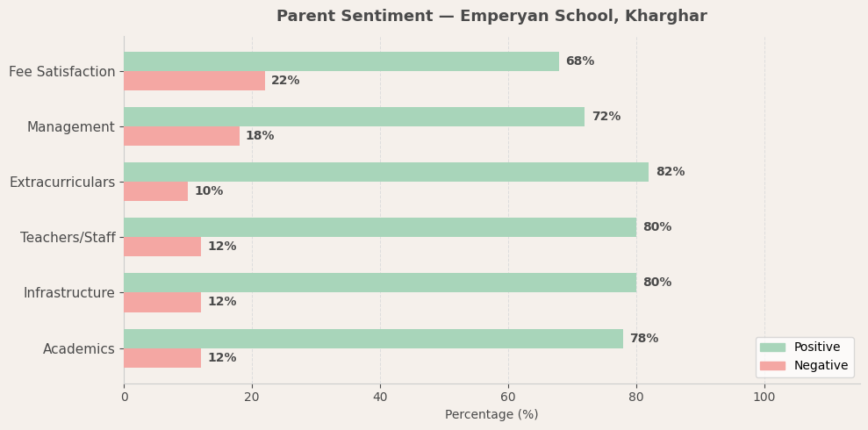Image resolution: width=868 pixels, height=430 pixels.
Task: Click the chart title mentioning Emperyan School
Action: pyautogui.click(x=491, y=17)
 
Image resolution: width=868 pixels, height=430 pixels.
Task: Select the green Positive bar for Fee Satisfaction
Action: pyautogui.click(x=341, y=61)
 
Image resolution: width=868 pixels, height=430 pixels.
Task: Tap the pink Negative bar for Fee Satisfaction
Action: pyautogui.click(x=194, y=81)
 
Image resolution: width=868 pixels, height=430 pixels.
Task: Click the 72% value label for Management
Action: pyautogui.click(x=606, y=117)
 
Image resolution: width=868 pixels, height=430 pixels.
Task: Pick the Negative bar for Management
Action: pyautogui.click(x=182, y=136)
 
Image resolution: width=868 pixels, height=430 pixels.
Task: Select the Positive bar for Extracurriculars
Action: pyautogui.click(x=386, y=172)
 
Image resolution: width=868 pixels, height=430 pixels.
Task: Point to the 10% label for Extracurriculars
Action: pyautogui.click(x=209, y=191)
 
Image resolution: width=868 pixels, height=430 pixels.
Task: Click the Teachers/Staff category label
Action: pyautogui.click(x=68, y=238)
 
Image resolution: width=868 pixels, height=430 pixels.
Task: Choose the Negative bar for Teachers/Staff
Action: pyautogui.click(x=162, y=247)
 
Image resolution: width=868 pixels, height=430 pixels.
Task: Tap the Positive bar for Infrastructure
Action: pyautogui.click(x=380, y=283)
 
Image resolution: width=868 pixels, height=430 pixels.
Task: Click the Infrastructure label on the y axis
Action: pyautogui.click(x=68, y=293)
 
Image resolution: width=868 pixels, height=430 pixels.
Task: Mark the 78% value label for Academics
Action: pyautogui.click(x=643, y=339)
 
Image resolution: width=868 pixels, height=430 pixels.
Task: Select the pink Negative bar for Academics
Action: pyautogui.click(x=162, y=358)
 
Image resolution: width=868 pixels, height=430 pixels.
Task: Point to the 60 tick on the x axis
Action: pyautogui.click(x=508, y=397)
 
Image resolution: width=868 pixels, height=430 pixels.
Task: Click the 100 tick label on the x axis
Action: pyautogui.click(x=764, y=397)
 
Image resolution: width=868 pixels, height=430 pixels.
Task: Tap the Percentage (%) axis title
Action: pyautogui.click(x=491, y=415)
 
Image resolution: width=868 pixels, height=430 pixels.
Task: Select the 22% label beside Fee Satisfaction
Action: pyautogui.click(x=285, y=81)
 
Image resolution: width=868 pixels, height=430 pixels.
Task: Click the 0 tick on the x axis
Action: pyautogui.click(x=124, y=397)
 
